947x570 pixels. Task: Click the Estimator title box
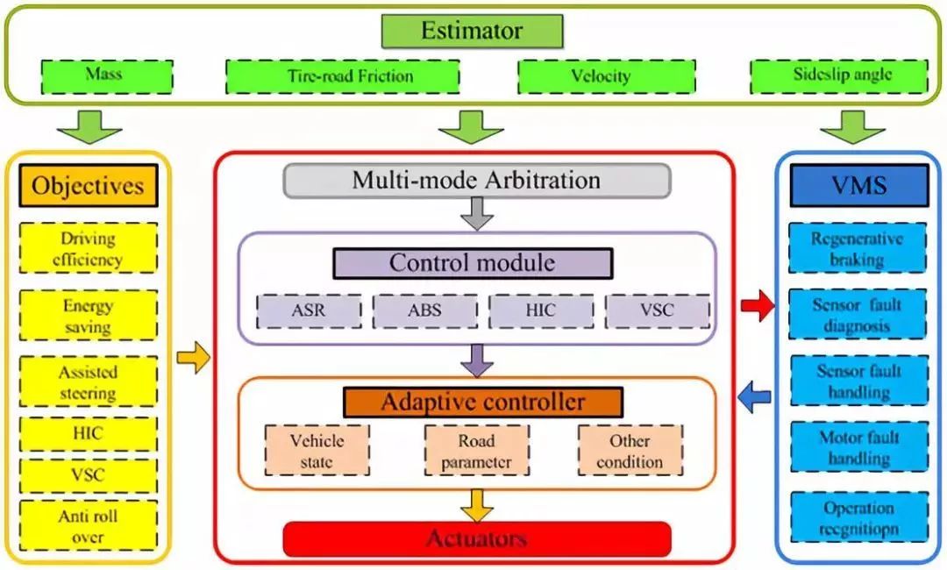(x=472, y=32)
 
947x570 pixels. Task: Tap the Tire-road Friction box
(x=342, y=76)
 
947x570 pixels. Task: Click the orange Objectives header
(x=88, y=186)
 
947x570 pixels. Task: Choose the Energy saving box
(x=88, y=317)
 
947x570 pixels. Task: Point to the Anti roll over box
(x=88, y=527)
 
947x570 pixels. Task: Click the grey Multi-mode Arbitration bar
(x=476, y=181)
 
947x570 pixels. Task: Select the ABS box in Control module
(x=424, y=310)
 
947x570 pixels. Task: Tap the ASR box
(x=309, y=310)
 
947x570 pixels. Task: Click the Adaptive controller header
(x=482, y=403)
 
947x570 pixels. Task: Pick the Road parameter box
(x=476, y=451)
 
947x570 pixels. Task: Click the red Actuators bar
(x=476, y=538)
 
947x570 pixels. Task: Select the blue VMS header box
(x=858, y=185)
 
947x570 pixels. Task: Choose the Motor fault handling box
(x=858, y=448)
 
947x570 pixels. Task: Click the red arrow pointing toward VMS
(x=758, y=306)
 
